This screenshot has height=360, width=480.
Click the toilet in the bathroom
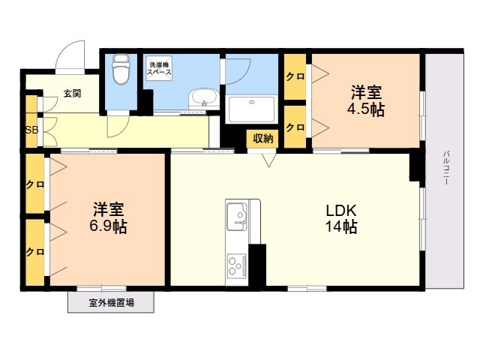point(120,71)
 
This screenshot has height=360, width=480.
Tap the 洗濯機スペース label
point(159,67)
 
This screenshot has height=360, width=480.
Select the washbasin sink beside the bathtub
point(202,97)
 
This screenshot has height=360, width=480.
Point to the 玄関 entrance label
point(72,94)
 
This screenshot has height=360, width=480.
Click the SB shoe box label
point(31,130)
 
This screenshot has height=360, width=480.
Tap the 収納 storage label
point(262,137)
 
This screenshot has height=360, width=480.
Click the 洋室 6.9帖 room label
point(109,217)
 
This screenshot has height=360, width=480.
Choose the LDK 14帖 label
point(340,218)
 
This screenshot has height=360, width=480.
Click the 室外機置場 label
point(111,303)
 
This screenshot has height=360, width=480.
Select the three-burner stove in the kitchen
point(236,264)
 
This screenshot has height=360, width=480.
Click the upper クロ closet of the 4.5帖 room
point(295,76)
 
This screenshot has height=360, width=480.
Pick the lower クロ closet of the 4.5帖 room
point(295,127)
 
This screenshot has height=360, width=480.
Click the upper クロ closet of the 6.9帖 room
point(34,184)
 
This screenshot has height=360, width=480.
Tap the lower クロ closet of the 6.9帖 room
point(34,251)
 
